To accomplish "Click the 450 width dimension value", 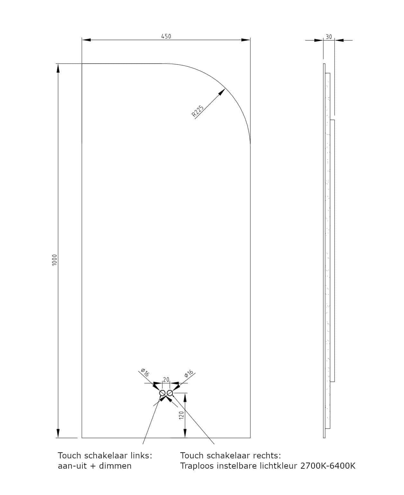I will click(x=166, y=36).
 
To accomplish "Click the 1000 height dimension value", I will click(x=54, y=260).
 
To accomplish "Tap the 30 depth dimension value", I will click(x=329, y=37).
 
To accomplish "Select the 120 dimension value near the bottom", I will click(x=182, y=415).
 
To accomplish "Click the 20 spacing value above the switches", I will click(x=166, y=379).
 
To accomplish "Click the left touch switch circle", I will click(x=162, y=393).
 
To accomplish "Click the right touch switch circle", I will click(x=170, y=393).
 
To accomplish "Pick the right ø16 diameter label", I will click(x=189, y=374).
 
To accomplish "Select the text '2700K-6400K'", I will click(x=328, y=466).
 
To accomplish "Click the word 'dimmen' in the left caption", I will click(x=115, y=466).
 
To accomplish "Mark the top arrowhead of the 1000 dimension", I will click(x=58, y=68).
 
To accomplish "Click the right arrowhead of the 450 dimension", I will click(x=246, y=40).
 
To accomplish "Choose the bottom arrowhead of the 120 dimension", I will click(x=185, y=434).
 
